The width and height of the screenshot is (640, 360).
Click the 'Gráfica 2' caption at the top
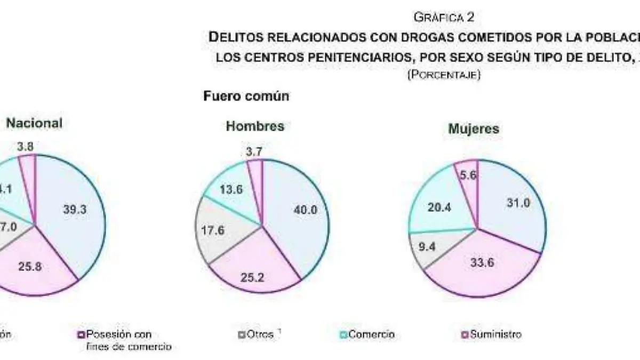(444, 18)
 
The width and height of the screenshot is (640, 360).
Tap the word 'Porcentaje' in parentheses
(444, 75)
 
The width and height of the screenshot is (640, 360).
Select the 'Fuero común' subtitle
(246, 97)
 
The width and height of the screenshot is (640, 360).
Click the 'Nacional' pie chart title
(34, 123)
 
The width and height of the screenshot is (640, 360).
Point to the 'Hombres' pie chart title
(255, 126)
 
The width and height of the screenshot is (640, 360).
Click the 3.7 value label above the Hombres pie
(254, 152)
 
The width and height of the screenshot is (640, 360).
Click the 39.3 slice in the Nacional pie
(74, 209)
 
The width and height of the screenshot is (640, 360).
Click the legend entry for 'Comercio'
(368, 334)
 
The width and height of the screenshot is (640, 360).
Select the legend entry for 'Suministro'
(491, 334)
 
